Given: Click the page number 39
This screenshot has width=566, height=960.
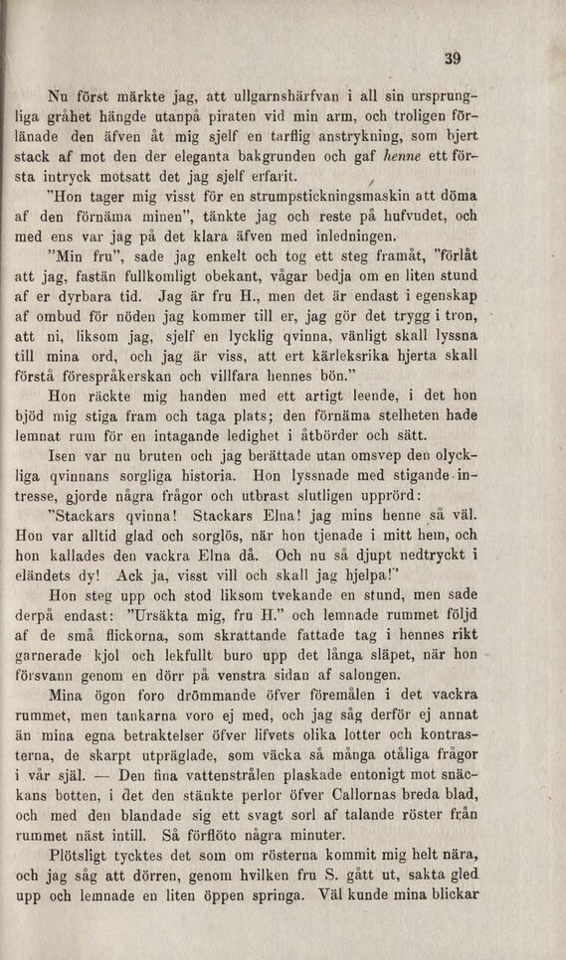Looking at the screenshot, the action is click(453, 59).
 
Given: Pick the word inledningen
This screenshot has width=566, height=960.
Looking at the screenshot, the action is click(326, 236).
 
